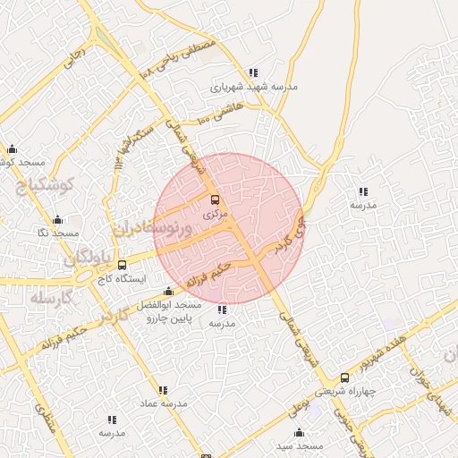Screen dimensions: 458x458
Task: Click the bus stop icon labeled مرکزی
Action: (x=214, y=200)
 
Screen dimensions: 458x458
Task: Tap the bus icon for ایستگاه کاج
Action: (x=123, y=264)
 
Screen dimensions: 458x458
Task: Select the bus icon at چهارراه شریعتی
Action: (x=345, y=378)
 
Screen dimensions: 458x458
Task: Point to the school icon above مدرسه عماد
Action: (x=163, y=390)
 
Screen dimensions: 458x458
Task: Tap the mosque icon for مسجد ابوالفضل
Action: (x=168, y=292)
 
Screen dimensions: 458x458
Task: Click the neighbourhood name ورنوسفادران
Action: (x=149, y=228)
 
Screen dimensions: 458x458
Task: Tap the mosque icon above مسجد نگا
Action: (x=58, y=219)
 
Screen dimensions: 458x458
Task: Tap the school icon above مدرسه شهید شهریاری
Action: (x=253, y=72)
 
